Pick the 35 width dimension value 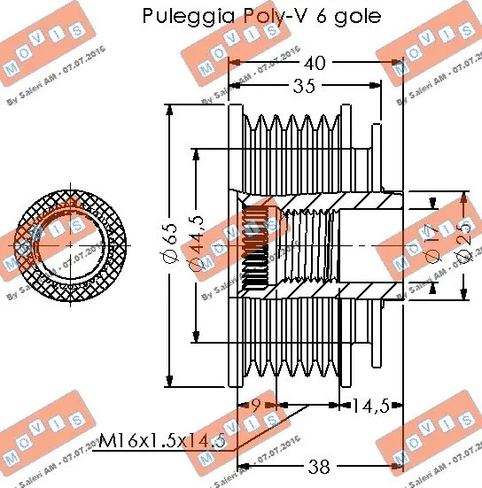[304, 86]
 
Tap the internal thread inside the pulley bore [257, 247]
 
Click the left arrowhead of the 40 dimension [235, 63]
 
